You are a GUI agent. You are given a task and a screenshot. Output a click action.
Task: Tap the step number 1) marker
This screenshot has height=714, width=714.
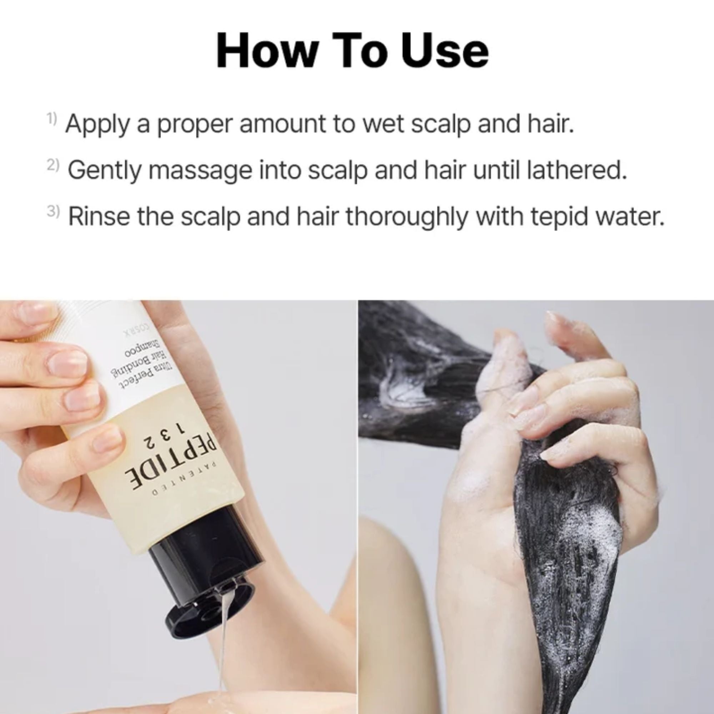52,119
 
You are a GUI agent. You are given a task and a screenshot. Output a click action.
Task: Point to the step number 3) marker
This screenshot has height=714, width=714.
53,211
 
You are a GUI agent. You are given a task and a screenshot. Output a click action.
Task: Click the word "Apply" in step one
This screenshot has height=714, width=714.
97,125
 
